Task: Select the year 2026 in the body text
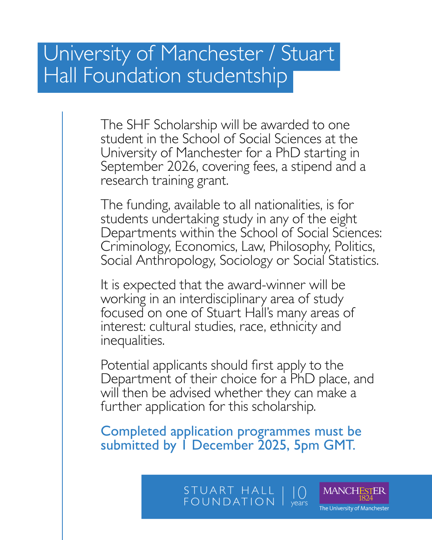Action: point(182,166)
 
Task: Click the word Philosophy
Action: point(300,246)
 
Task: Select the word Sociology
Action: point(246,261)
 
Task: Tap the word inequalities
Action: point(132,341)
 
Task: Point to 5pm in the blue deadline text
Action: point(306,446)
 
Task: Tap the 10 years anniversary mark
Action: point(299,496)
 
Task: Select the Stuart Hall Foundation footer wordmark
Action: point(229,496)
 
